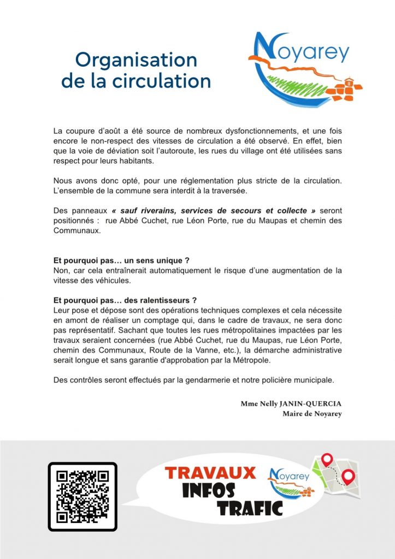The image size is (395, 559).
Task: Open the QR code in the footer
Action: pos(82,496)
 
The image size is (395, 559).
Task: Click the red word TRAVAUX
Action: pos(211,472)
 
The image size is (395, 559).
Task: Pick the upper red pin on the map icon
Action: pos(328,460)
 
